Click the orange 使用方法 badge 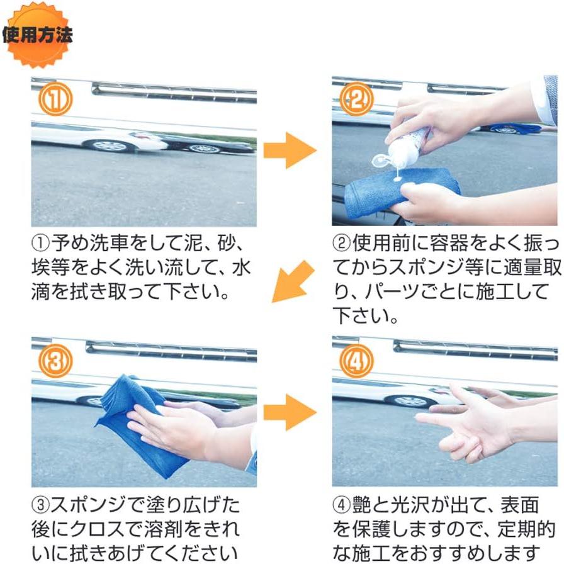pos(37,35)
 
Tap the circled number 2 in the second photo pos(357,101)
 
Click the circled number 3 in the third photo pos(55,361)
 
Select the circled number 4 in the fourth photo pos(357,361)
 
